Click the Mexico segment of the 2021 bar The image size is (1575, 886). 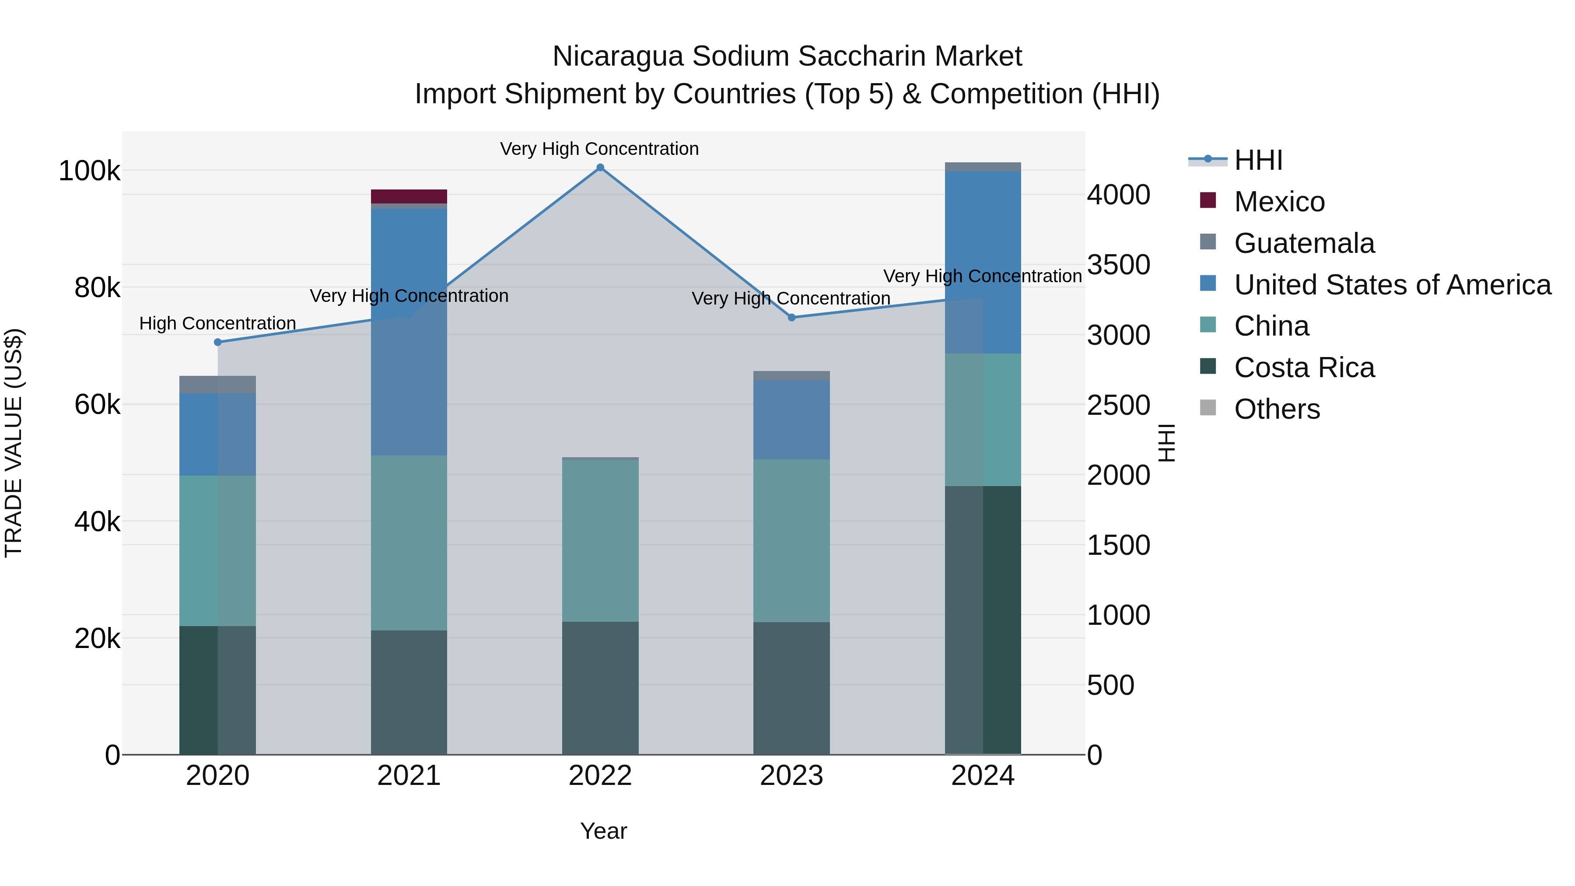tap(409, 196)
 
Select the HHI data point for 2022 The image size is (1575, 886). tap(600, 168)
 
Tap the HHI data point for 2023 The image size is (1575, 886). tap(791, 317)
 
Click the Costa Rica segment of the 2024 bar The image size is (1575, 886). tap(983, 620)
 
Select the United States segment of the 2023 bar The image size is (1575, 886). tap(791, 420)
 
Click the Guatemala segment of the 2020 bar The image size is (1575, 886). tap(218, 385)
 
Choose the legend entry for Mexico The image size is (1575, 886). tap(1279, 202)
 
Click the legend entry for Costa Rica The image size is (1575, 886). tap(1304, 368)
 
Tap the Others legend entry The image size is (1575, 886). tap(1277, 409)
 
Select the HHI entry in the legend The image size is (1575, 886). tap(1258, 160)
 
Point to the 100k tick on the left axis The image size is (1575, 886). tap(89, 171)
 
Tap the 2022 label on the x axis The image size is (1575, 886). tap(600, 776)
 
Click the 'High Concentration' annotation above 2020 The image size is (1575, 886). tap(218, 323)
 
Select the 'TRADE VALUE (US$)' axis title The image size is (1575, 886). tap(14, 443)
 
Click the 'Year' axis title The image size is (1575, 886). tap(603, 831)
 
